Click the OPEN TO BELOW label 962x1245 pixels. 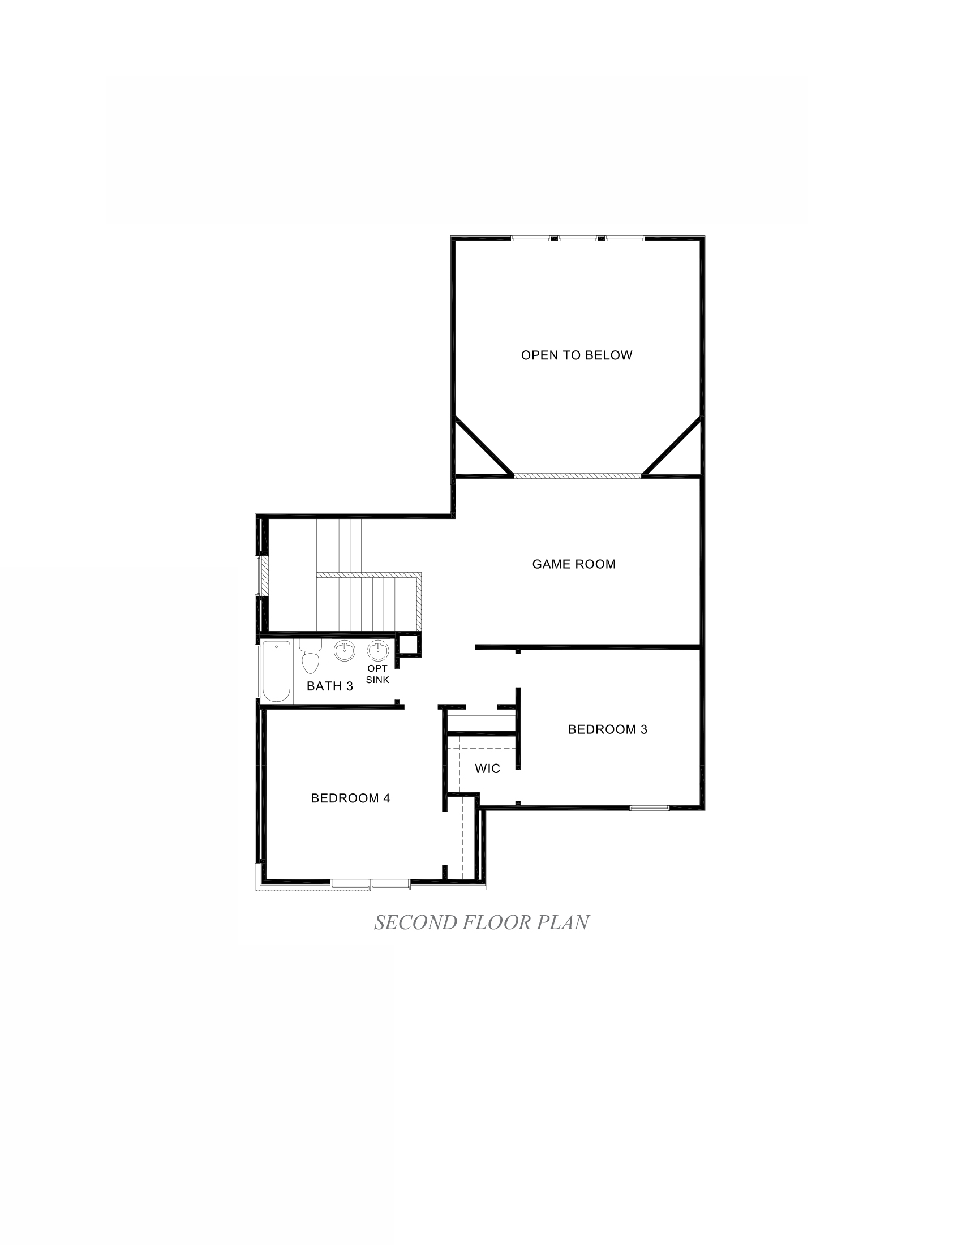[x=576, y=355]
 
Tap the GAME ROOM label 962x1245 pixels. [x=573, y=564]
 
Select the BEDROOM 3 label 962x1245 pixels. [x=608, y=729]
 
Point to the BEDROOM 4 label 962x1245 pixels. [x=350, y=798]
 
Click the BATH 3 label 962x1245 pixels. [x=329, y=686]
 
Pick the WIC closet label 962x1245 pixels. [x=487, y=769]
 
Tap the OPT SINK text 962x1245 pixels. [x=377, y=675]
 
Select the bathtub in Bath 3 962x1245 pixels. [x=276, y=672]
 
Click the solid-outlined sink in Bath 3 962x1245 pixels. [x=344, y=650]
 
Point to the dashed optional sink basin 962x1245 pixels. [x=377, y=650]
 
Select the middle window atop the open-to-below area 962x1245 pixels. [x=577, y=238]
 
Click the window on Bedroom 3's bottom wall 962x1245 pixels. [x=649, y=808]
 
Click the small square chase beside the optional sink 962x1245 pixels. [x=409, y=645]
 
